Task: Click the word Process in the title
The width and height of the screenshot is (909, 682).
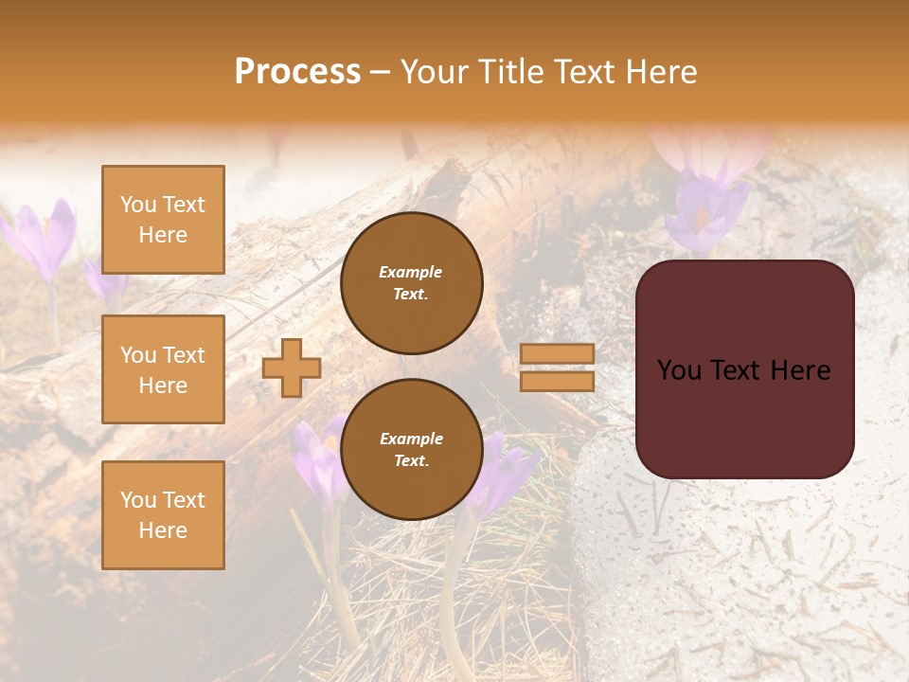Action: pyautogui.click(x=297, y=72)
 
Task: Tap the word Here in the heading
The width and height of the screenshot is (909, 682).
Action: pyautogui.click(x=658, y=72)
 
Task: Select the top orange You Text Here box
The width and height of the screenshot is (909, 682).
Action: pyautogui.click(x=163, y=220)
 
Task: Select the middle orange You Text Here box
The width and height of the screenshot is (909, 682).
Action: pyautogui.click(x=163, y=369)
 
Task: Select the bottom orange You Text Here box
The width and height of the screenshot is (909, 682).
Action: pyautogui.click(x=163, y=515)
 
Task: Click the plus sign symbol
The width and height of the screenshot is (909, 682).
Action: pyautogui.click(x=291, y=368)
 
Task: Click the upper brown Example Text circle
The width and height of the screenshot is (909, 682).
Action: pyautogui.click(x=411, y=283)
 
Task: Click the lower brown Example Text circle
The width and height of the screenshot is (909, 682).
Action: pyautogui.click(x=411, y=450)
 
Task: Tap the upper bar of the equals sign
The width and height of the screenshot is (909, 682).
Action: pyautogui.click(x=557, y=353)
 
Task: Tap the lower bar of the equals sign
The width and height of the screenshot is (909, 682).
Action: pyautogui.click(x=557, y=381)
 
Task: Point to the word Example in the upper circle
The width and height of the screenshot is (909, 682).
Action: pyautogui.click(x=411, y=272)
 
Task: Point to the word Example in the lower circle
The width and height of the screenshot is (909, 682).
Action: pyautogui.click(x=411, y=439)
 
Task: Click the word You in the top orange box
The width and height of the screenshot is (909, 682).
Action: pyautogui.click(x=138, y=205)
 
